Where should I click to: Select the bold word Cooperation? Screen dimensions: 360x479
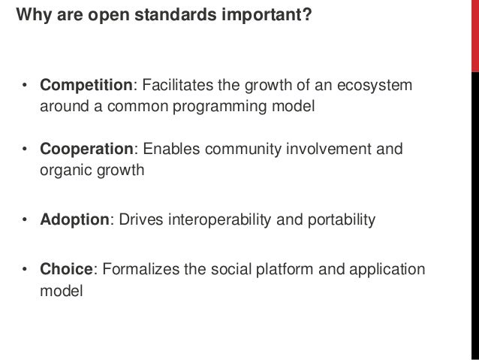(x=85, y=150)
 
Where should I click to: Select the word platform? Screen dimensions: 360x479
(x=282, y=269)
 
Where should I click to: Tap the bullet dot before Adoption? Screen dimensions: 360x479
(x=25, y=220)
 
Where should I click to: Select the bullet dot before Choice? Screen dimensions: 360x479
(x=25, y=270)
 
